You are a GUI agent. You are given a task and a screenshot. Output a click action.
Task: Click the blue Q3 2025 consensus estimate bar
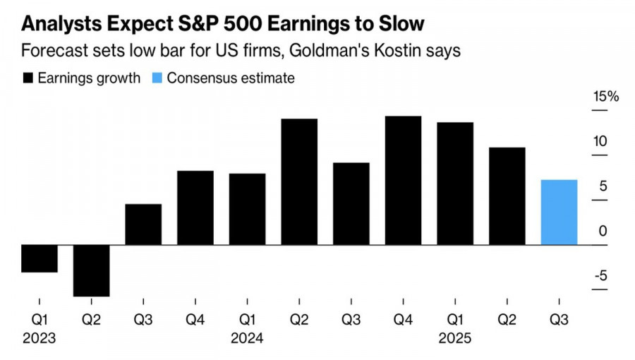(559, 212)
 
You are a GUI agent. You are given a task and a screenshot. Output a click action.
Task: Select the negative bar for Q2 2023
(91, 270)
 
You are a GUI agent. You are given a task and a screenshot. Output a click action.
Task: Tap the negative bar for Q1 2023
(39, 258)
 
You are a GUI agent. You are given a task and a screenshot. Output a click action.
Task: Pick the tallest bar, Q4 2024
(403, 181)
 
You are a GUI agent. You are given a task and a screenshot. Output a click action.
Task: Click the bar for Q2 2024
(299, 182)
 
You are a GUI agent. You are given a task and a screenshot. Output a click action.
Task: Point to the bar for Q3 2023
(143, 224)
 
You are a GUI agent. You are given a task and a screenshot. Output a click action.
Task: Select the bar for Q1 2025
(455, 184)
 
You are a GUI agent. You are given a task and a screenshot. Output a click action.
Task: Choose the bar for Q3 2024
(351, 204)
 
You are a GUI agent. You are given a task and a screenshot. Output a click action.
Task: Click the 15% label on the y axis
(605, 97)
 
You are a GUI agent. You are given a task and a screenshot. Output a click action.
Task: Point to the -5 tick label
(600, 276)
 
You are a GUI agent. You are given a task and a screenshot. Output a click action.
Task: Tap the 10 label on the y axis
(600, 141)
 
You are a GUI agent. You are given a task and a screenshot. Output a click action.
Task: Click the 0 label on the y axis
(603, 231)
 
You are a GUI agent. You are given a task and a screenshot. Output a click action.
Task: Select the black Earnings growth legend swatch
(28, 78)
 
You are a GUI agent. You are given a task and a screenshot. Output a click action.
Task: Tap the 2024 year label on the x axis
(247, 339)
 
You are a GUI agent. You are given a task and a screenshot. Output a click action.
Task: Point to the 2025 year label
(455, 339)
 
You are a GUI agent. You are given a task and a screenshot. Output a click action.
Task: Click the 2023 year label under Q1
(39, 339)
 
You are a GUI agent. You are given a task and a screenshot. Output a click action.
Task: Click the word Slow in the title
(399, 25)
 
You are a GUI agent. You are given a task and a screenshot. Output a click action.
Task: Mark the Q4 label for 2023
(195, 320)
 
